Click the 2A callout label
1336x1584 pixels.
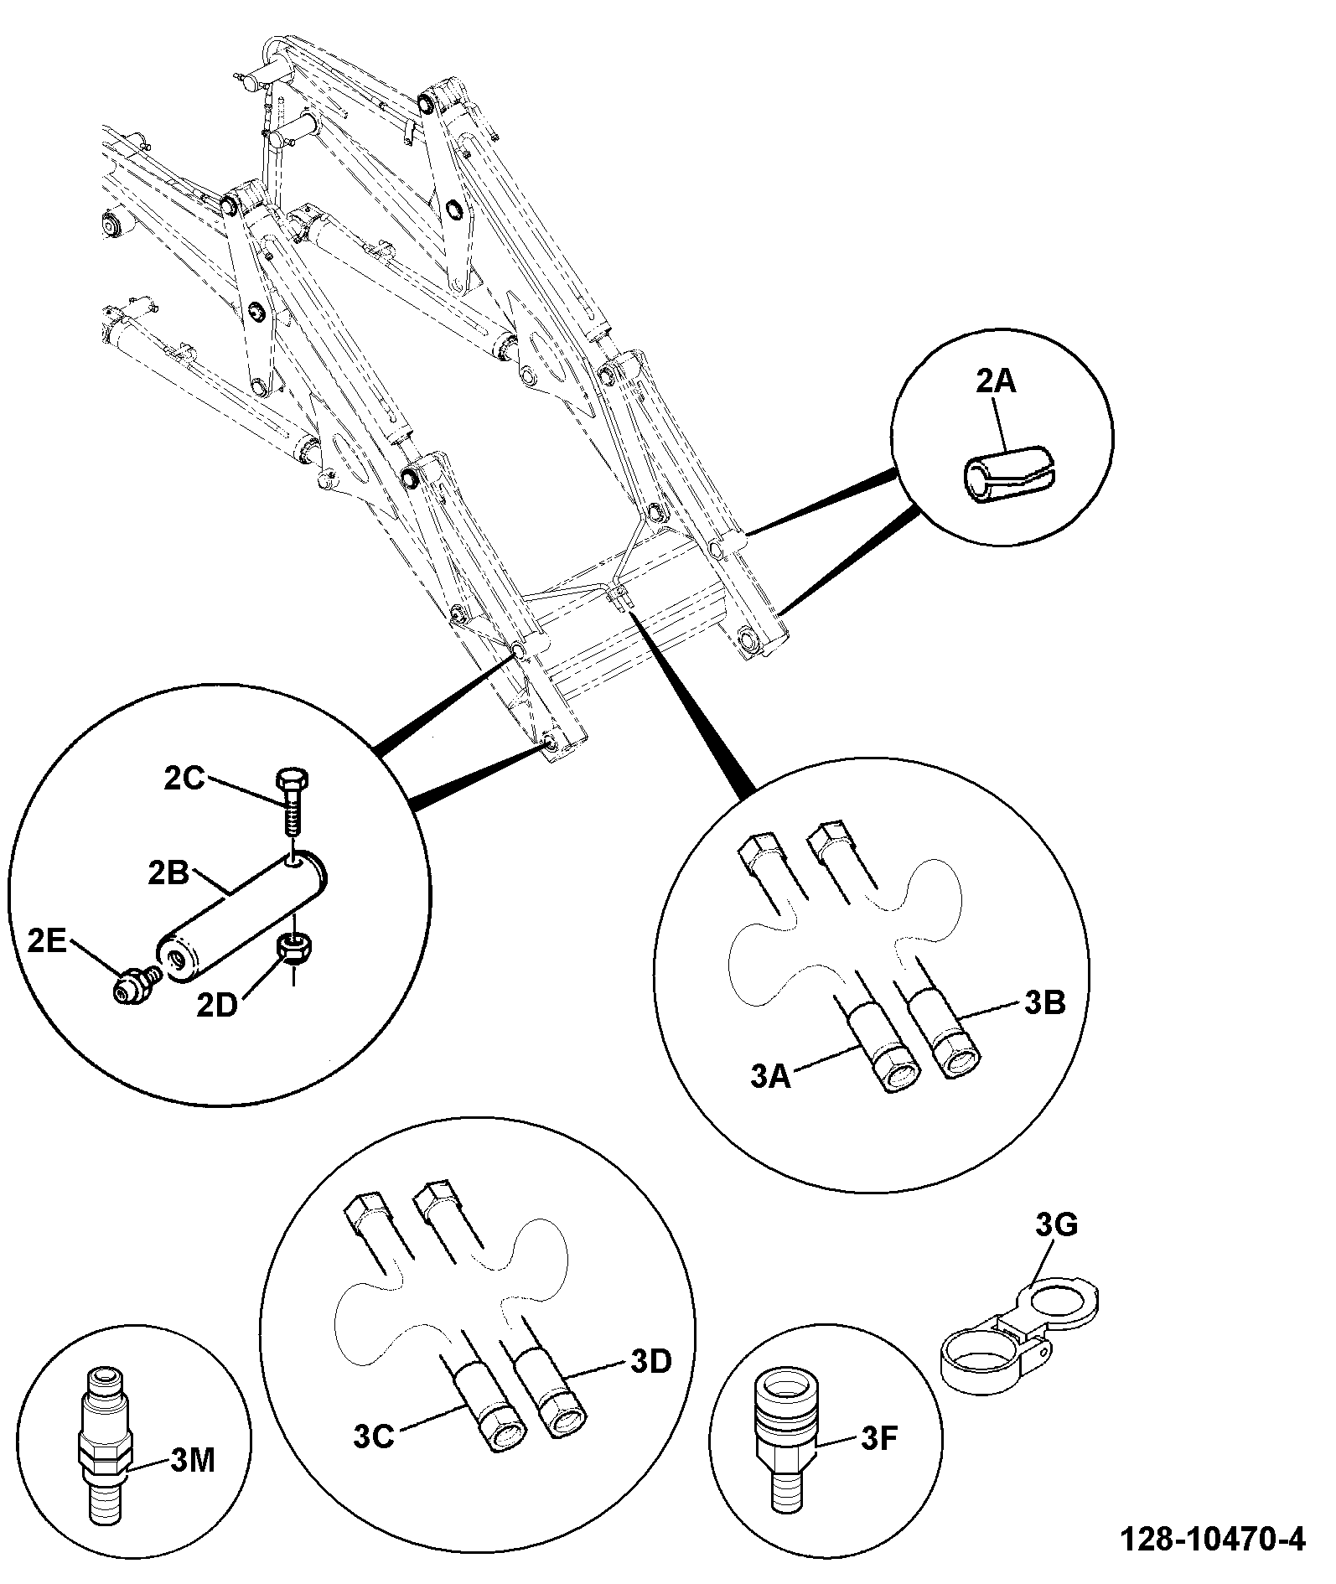996,381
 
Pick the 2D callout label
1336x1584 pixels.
218,1005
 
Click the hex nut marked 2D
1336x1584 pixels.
291,949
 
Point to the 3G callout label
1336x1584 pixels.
1057,1225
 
